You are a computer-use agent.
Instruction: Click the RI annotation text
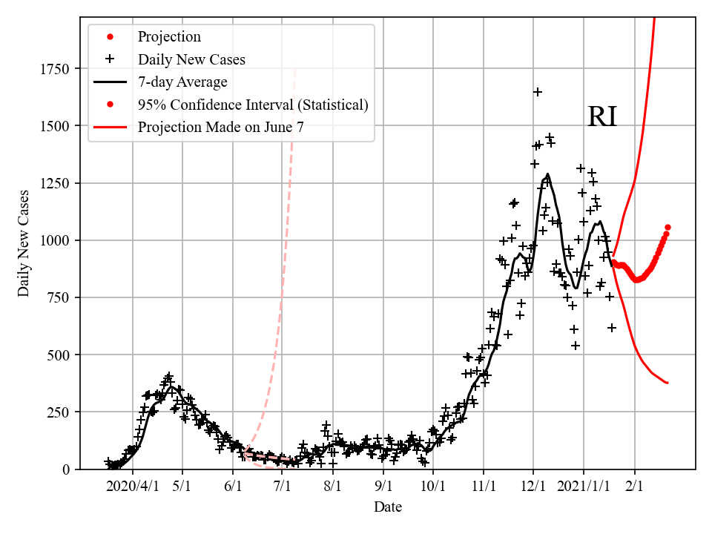pyautogui.click(x=601, y=117)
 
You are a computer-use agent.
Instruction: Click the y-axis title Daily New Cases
pyautogui.click(x=24, y=244)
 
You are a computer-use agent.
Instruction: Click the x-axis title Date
pyautogui.click(x=388, y=507)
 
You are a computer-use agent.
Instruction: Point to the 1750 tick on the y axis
pyautogui.click(x=55, y=69)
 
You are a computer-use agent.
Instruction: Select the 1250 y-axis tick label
pyautogui.click(x=55, y=183)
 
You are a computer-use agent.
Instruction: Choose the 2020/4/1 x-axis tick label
pyautogui.click(x=132, y=486)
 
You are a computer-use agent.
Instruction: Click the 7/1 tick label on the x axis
pyautogui.click(x=283, y=486)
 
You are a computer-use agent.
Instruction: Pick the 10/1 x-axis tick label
pyautogui.click(x=432, y=486)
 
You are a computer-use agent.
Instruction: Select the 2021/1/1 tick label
pyautogui.click(x=583, y=486)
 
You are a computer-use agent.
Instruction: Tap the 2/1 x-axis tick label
pyautogui.click(x=634, y=486)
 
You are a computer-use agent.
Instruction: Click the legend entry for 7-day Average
pyautogui.click(x=182, y=82)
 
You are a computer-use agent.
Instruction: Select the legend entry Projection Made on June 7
pyautogui.click(x=220, y=128)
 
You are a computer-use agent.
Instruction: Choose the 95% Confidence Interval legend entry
pyautogui.click(x=253, y=105)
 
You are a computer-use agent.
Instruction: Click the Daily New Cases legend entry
pyautogui.click(x=191, y=59)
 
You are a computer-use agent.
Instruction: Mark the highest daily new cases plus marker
pyautogui.click(x=538, y=92)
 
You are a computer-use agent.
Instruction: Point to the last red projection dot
pyautogui.click(x=667, y=227)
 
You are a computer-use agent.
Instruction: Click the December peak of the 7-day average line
pyautogui.click(x=547, y=175)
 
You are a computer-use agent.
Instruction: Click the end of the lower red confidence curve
pyautogui.click(x=667, y=383)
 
